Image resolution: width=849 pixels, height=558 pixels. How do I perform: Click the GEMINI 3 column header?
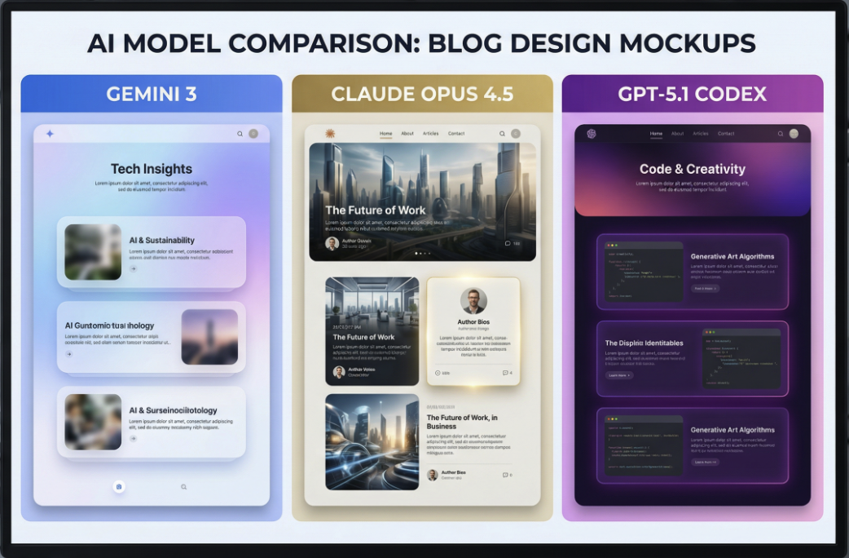(x=152, y=94)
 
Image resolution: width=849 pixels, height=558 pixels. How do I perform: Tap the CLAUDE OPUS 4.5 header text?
(x=422, y=94)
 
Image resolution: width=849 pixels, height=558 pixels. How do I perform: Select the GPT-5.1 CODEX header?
(x=692, y=94)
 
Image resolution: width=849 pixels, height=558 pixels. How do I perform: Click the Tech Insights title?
(x=152, y=169)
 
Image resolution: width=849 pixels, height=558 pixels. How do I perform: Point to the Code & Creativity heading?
(x=693, y=169)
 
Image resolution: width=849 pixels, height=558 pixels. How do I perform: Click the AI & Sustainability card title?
(x=161, y=241)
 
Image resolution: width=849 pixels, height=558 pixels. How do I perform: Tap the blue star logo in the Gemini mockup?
(x=50, y=134)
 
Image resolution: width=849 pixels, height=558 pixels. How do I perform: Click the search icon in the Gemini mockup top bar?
(x=240, y=134)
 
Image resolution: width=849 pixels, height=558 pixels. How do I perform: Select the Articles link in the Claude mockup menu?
(x=430, y=134)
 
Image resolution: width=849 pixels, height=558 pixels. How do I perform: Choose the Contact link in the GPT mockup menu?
(x=726, y=134)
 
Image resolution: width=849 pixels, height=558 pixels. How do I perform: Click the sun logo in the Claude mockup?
(x=330, y=134)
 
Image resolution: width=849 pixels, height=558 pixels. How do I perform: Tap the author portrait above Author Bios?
(x=473, y=299)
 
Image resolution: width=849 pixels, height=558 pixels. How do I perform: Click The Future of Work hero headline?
(x=376, y=210)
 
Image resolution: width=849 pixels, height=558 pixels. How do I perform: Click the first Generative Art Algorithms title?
(x=732, y=256)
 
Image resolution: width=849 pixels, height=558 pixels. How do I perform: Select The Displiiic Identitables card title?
(x=644, y=343)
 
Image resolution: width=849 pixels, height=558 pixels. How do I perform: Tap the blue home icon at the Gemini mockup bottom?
(x=119, y=487)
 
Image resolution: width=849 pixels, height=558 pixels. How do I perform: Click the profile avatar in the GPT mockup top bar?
(x=794, y=134)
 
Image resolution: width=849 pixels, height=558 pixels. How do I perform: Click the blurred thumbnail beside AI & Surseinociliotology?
(x=93, y=423)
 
